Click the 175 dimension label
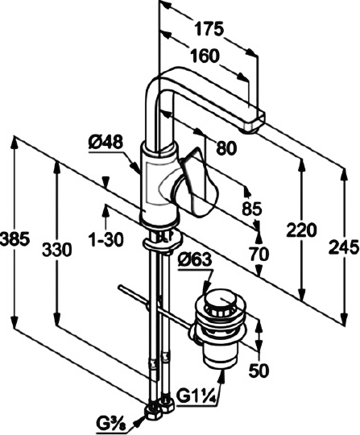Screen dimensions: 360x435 [x=209, y=29]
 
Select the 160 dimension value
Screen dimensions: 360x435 [x=205, y=56]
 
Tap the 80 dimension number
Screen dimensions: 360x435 [x=226, y=147]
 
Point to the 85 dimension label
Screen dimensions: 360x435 [x=252, y=209]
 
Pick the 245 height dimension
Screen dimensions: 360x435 [x=344, y=247]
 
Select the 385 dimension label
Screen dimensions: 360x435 [x=14, y=239]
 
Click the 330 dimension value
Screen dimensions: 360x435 [x=57, y=249]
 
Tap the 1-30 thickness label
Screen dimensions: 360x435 [x=106, y=239]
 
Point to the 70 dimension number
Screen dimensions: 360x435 [x=259, y=254]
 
